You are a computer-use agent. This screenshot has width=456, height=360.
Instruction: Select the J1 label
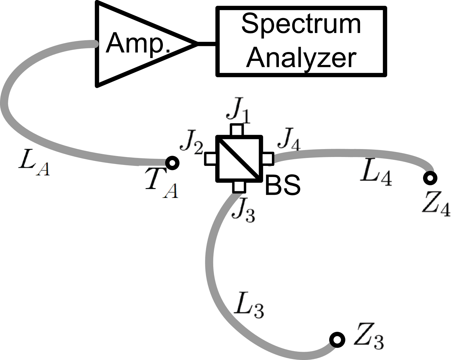click(x=238, y=111)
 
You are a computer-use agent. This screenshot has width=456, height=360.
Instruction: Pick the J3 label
click(x=243, y=210)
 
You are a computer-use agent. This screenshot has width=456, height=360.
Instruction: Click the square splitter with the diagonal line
click(x=239, y=158)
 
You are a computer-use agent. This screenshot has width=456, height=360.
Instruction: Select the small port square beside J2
click(x=211, y=158)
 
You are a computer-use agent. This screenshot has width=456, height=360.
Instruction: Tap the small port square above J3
click(x=239, y=187)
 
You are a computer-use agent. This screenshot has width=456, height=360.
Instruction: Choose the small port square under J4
click(x=267, y=158)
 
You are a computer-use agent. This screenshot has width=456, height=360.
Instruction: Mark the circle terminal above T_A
click(x=172, y=163)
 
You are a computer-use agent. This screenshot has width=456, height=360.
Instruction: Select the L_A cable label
click(x=34, y=161)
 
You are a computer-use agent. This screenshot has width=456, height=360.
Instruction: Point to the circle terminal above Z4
click(x=430, y=178)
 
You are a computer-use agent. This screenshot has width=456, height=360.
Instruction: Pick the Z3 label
click(x=369, y=337)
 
